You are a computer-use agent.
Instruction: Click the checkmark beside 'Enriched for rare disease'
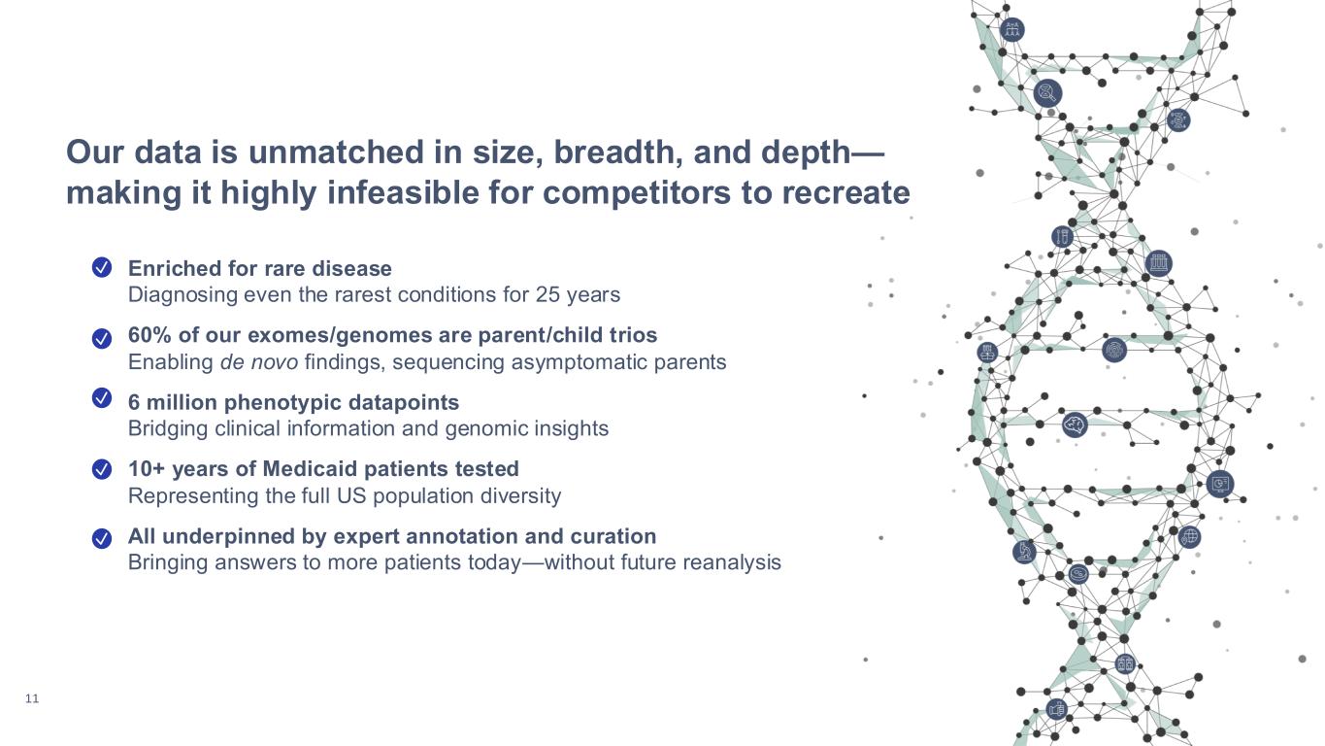pyautogui.click(x=102, y=268)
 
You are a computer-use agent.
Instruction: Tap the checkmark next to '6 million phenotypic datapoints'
pyautogui.click(x=102, y=398)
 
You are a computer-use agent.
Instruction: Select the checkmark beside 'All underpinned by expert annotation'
pyautogui.click(x=102, y=538)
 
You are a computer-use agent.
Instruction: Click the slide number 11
pyautogui.click(x=32, y=698)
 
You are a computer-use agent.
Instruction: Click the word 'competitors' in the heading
pyautogui.click(x=637, y=192)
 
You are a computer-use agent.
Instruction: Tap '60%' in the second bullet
pyautogui.click(x=150, y=335)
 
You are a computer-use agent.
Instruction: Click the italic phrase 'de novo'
pyautogui.click(x=259, y=361)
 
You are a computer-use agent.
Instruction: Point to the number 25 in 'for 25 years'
pyautogui.click(x=547, y=294)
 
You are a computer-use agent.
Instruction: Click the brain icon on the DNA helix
pyautogui.click(x=1075, y=424)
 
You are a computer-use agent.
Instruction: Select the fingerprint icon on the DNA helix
pyautogui.click(x=1114, y=350)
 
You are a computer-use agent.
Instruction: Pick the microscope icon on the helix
pyautogui.click(x=1024, y=552)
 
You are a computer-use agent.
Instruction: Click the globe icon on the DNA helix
pyautogui.click(x=1189, y=537)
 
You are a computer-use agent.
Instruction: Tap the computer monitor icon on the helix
pyautogui.click(x=1220, y=485)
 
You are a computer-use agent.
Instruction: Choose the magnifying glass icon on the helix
pyautogui.click(x=1047, y=93)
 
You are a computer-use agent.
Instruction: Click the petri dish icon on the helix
pyautogui.click(x=1078, y=573)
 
